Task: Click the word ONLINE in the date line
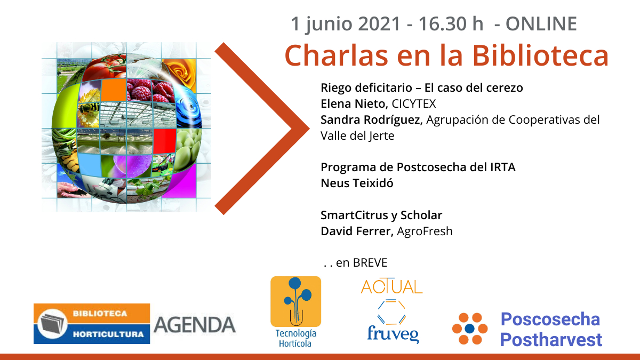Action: [541, 23]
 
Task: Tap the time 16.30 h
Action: [451, 23]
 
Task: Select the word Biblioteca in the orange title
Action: [540, 55]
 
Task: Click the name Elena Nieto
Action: [354, 103]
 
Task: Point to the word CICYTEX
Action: [414, 103]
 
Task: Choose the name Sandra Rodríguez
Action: [371, 120]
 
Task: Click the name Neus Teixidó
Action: [357, 183]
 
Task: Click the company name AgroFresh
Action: [425, 231]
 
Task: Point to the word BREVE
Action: [370, 263]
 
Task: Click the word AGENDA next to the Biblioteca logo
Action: [195, 325]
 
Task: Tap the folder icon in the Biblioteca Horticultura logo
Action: [52, 324]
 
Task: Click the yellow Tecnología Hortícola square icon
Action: [295, 301]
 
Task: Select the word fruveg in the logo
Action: [393, 334]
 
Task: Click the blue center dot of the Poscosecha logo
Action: [470, 329]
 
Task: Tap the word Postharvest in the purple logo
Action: [551, 340]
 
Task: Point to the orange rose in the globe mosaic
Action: [180, 73]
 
